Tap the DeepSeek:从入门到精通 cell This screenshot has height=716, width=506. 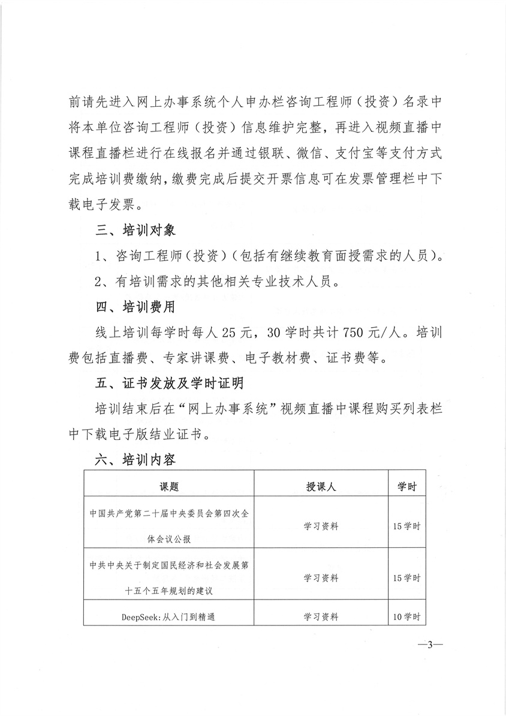(169, 616)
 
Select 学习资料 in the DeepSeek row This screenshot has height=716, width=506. (321, 616)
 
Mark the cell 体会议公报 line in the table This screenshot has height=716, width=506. (169, 539)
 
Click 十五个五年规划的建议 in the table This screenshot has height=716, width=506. (169, 591)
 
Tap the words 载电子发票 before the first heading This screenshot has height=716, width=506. (103, 206)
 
